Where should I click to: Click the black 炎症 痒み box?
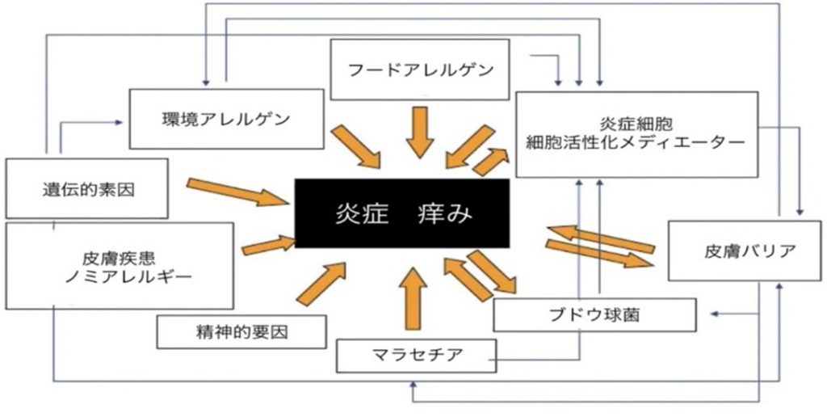tap(402, 213)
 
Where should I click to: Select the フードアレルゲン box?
tap(420, 69)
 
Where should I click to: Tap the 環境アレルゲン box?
tap(227, 119)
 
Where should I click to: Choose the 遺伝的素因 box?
tap(87, 188)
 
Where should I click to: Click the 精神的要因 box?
tap(241, 332)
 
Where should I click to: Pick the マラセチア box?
tap(417, 356)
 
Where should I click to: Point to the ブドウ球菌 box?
tap(594, 315)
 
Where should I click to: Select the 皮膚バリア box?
tap(745, 251)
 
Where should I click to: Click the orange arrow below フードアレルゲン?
tap(420, 132)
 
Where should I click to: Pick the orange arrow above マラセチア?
tap(413, 299)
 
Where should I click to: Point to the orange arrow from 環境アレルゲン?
tap(355, 146)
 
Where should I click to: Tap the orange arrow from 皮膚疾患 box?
tap(268, 246)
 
